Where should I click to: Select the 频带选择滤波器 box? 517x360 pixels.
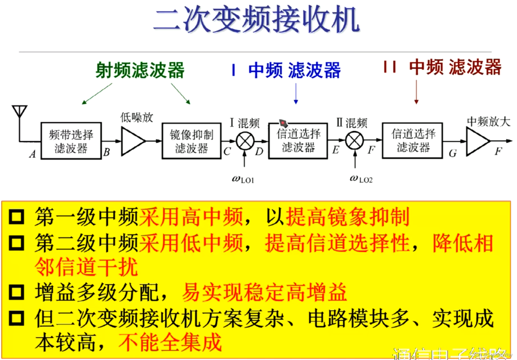(71, 141)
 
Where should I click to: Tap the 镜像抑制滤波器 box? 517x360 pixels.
(191, 141)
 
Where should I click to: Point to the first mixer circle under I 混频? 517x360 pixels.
(245, 141)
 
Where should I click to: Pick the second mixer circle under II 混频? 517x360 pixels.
(354, 141)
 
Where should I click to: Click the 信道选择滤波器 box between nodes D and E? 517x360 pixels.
(298, 141)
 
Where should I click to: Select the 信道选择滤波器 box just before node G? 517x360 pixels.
(412, 141)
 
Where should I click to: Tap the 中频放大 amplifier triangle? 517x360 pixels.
(477, 141)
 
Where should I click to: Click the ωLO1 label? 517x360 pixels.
(243, 179)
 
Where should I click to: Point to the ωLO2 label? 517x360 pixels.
(361, 179)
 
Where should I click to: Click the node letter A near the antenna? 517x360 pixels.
(33, 154)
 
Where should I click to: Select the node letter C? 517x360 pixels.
(227, 152)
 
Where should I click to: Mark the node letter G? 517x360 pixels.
(453, 153)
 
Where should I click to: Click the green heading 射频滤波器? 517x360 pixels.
(140, 70)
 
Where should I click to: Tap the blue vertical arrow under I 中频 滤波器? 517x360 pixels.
(296, 94)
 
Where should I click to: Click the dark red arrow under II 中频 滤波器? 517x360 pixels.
(416, 93)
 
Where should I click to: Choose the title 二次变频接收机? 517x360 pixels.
(256, 20)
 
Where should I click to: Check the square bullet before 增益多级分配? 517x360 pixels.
(16, 292)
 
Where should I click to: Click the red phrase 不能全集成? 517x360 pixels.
(170, 342)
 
